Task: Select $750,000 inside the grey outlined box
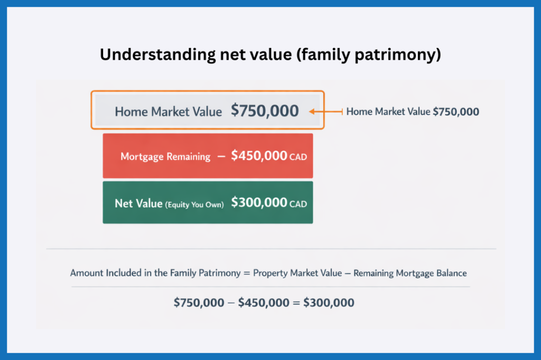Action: pos(265,111)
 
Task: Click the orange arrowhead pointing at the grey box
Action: pos(313,111)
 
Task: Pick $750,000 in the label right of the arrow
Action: pos(455,112)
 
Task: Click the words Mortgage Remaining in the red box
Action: pos(165,157)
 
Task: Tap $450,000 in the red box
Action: pos(259,156)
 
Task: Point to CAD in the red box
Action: pos(298,157)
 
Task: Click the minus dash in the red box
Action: pos(221,157)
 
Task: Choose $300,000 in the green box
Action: pos(259,203)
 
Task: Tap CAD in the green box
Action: pos(298,204)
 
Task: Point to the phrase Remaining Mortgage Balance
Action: pos(410,273)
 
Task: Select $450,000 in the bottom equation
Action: pos(264,303)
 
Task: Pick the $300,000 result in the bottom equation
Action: pos(329,303)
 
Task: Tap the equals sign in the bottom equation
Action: pos(296,303)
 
